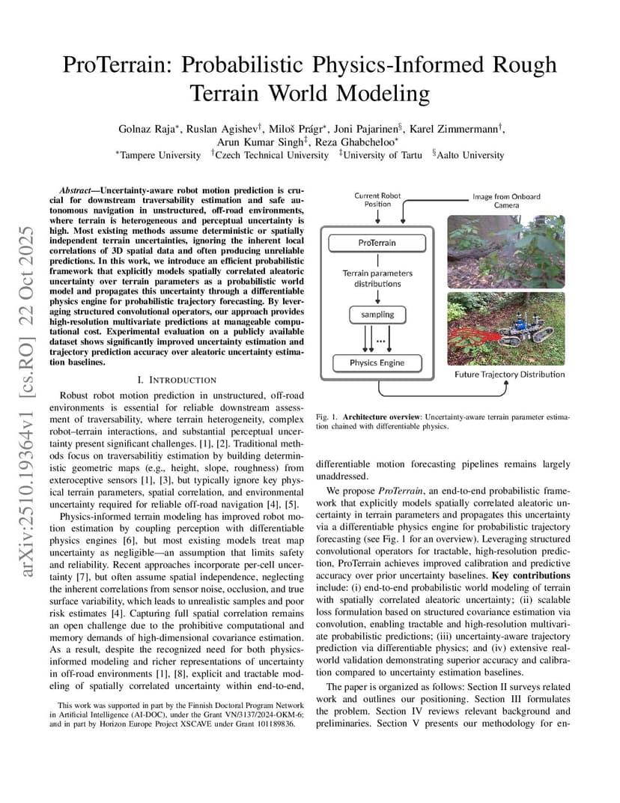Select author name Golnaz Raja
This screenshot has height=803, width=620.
(x=147, y=129)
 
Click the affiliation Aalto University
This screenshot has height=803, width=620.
(x=472, y=155)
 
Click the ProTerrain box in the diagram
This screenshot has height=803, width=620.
(x=377, y=243)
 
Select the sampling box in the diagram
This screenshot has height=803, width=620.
(x=377, y=314)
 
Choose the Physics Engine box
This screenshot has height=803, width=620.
(x=377, y=363)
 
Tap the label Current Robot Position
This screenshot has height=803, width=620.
(x=377, y=200)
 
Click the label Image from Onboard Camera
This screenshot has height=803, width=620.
(x=506, y=201)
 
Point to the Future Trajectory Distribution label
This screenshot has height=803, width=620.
(x=510, y=374)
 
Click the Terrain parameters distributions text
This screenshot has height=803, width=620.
(x=377, y=279)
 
